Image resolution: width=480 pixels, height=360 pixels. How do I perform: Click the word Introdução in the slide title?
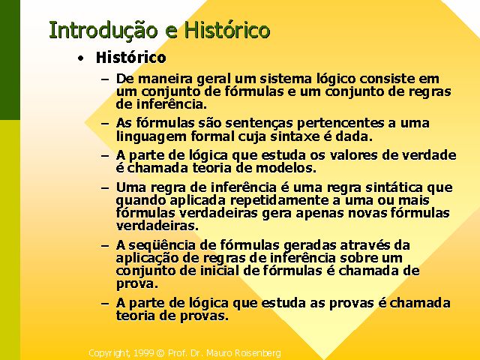[x=103, y=30]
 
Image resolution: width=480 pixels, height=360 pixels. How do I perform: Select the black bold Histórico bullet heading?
[x=131, y=57]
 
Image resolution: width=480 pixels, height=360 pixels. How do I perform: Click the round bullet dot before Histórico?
[x=80, y=58]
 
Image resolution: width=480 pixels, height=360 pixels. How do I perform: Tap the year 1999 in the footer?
[x=143, y=353]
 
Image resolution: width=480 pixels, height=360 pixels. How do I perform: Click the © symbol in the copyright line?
[x=160, y=353]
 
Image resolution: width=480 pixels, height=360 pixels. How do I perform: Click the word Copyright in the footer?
[x=110, y=353]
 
